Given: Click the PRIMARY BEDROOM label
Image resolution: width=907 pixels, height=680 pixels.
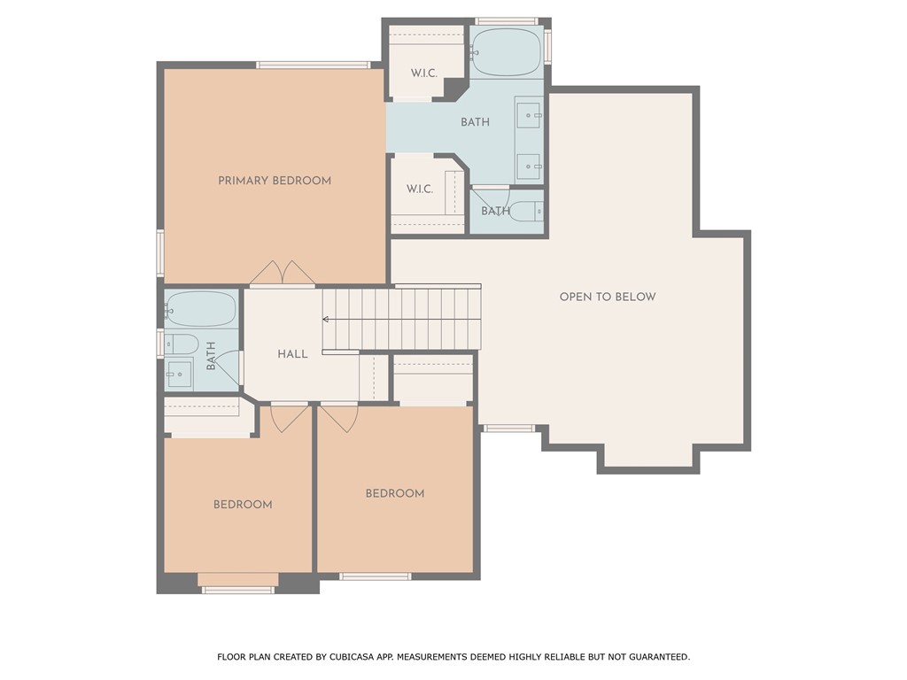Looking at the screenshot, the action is point(275,181).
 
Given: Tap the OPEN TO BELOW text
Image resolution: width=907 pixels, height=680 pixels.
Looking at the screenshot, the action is point(608,297).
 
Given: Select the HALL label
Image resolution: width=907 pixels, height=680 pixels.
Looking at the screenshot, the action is point(292,354).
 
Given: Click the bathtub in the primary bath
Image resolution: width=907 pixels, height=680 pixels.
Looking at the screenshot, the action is point(506,52).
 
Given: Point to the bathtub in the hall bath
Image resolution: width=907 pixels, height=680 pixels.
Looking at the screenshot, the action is point(201,309).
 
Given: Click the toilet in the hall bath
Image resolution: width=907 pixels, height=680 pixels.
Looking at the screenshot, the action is point(182,344).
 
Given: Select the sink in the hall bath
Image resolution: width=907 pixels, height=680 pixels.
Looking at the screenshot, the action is point(179,374).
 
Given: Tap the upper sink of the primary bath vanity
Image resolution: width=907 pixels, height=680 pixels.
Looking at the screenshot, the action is point(529,116).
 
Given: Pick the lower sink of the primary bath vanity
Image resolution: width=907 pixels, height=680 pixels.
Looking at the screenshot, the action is point(529,166).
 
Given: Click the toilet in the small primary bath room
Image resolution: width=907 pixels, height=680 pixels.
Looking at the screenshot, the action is point(527,211).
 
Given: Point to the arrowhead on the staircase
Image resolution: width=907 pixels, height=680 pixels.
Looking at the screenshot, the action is point(326,319).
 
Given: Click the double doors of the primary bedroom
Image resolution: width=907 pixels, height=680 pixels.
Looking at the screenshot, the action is point(283,273).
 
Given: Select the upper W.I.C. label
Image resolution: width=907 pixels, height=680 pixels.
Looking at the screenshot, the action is point(424,73).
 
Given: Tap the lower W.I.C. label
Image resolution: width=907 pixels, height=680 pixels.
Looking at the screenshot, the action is point(419,189).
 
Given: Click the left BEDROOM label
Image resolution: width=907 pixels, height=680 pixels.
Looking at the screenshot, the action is point(243,504).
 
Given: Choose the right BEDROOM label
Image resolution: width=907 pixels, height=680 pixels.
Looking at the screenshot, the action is point(395,493).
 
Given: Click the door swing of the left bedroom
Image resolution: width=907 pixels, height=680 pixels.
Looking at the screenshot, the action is point(290,419).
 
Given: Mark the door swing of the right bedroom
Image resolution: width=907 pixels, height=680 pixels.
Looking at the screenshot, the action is point(339,419).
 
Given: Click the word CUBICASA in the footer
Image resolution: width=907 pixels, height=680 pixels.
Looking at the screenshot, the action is point(352,657).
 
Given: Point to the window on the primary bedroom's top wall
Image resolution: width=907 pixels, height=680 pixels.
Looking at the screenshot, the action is point(314,65).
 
